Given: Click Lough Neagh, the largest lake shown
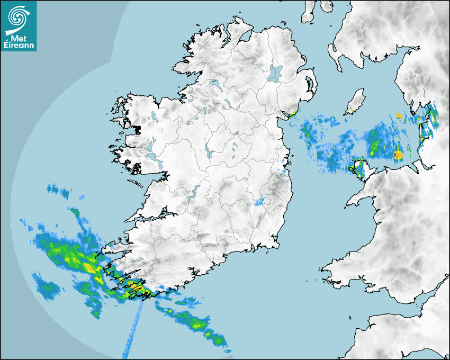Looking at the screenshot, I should [276, 73].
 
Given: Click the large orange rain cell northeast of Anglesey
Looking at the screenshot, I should [398, 155].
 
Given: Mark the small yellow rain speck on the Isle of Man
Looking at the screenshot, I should [350, 111].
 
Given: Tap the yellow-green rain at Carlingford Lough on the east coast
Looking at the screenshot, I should [290, 114].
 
